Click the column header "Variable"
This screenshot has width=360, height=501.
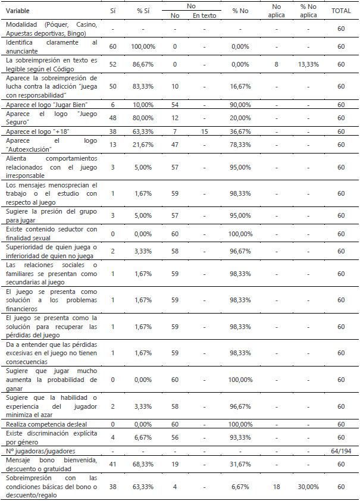coord(17,11)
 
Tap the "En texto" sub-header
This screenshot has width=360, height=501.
coord(204,15)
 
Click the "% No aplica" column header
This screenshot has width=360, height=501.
coord(308,11)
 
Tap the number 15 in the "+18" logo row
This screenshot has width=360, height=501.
coord(204,131)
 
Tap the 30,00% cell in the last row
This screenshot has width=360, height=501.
coord(308,486)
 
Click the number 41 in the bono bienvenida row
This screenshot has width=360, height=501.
coord(113,464)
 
